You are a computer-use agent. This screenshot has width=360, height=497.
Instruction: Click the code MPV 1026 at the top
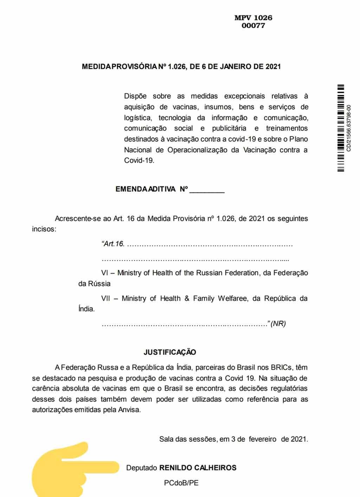[x=253, y=18]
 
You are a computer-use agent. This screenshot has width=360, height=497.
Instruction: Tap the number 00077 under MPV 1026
[x=253, y=26]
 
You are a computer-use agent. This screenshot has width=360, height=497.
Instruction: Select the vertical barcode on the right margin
[x=341, y=128]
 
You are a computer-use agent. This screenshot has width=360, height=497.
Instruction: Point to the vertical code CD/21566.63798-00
[x=349, y=128]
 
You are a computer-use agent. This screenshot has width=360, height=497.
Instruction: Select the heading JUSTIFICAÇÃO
[x=170, y=352]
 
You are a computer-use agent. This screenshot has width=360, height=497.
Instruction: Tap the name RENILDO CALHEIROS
[x=198, y=468]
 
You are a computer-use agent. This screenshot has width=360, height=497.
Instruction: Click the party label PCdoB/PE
[x=181, y=483]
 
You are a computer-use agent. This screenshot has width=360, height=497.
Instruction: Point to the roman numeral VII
[x=105, y=299]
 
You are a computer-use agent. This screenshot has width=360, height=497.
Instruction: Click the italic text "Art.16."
[x=113, y=244]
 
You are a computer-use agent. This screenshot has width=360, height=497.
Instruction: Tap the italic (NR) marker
[x=278, y=324]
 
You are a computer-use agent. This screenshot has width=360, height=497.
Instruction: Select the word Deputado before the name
[x=141, y=468]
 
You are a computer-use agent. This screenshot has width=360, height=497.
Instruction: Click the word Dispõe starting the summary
[x=135, y=96]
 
